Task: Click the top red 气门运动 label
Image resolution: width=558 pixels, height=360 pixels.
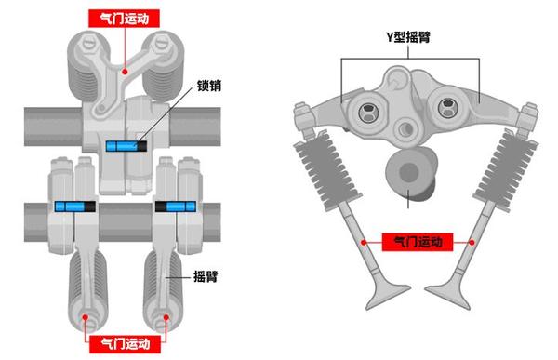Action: (x=124, y=19)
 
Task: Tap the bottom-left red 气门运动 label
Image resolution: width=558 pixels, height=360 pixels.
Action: (x=125, y=344)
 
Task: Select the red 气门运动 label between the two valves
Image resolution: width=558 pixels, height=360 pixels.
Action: (x=418, y=242)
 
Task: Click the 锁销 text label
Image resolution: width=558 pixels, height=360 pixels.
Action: (x=209, y=86)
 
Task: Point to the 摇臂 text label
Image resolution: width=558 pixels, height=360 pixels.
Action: (x=206, y=276)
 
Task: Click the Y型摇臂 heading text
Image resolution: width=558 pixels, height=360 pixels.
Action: (x=408, y=37)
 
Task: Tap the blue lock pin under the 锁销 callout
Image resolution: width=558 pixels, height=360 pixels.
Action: (x=126, y=146)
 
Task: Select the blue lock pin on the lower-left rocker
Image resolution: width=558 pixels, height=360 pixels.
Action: (x=75, y=207)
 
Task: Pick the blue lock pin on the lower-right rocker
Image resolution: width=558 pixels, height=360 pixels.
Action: (x=176, y=207)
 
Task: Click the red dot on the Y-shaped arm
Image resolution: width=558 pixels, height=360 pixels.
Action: (x=125, y=72)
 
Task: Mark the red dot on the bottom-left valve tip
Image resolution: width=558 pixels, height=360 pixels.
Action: (x=85, y=317)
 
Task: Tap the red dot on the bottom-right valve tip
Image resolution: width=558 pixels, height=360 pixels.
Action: (x=166, y=317)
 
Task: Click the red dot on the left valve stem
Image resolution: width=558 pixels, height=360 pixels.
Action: (x=364, y=243)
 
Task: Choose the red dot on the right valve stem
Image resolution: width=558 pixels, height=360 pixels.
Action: (x=472, y=243)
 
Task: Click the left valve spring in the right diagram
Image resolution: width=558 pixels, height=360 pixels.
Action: (x=326, y=170)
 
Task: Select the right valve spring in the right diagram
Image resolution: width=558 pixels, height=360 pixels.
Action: (x=508, y=171)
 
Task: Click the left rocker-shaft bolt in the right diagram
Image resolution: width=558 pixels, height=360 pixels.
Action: (x=367, y=112)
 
